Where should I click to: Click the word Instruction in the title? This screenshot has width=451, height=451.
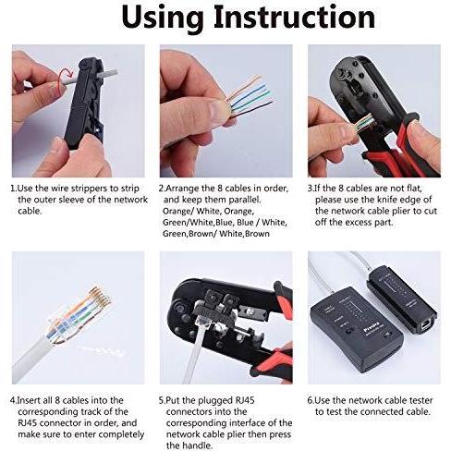(x=295, y=17)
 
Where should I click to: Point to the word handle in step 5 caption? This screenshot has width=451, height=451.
(x=197, y=445)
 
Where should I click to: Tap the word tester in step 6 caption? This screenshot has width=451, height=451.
(x=419, y=400)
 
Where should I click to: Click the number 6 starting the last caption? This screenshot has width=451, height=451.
(x=310, y=400)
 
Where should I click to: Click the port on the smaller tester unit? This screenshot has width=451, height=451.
(x=426, y=326)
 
